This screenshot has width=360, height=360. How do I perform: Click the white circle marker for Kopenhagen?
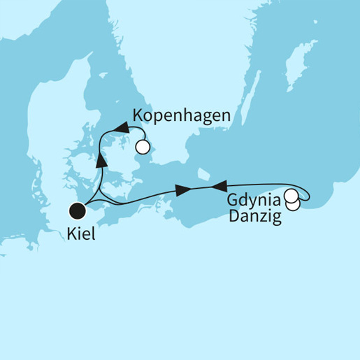click(143, 147)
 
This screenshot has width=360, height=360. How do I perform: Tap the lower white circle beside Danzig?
click(294, 204)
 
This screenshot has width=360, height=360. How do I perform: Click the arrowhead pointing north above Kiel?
click(101, 161)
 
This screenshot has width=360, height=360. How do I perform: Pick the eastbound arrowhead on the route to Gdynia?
click(183, 190)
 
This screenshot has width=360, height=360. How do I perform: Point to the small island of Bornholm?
click(202, 172)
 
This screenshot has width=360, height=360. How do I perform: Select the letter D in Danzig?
click(233, 217)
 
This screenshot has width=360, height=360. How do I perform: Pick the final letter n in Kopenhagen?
click(224, 115)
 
